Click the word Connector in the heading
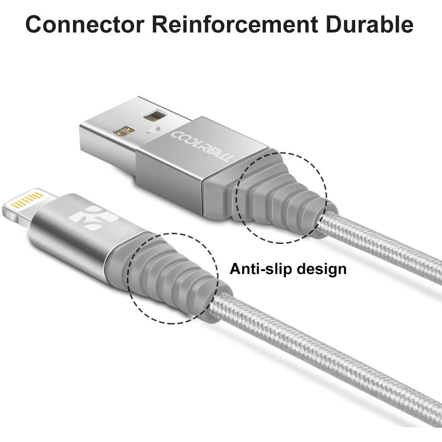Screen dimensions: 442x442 point(85,24)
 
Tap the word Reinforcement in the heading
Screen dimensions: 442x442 point(235,24)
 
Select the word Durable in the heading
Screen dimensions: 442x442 point(369,24)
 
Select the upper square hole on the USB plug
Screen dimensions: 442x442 point(155,116)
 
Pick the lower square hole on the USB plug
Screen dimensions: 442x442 point(124,131)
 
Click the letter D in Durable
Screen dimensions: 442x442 point(333,24)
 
